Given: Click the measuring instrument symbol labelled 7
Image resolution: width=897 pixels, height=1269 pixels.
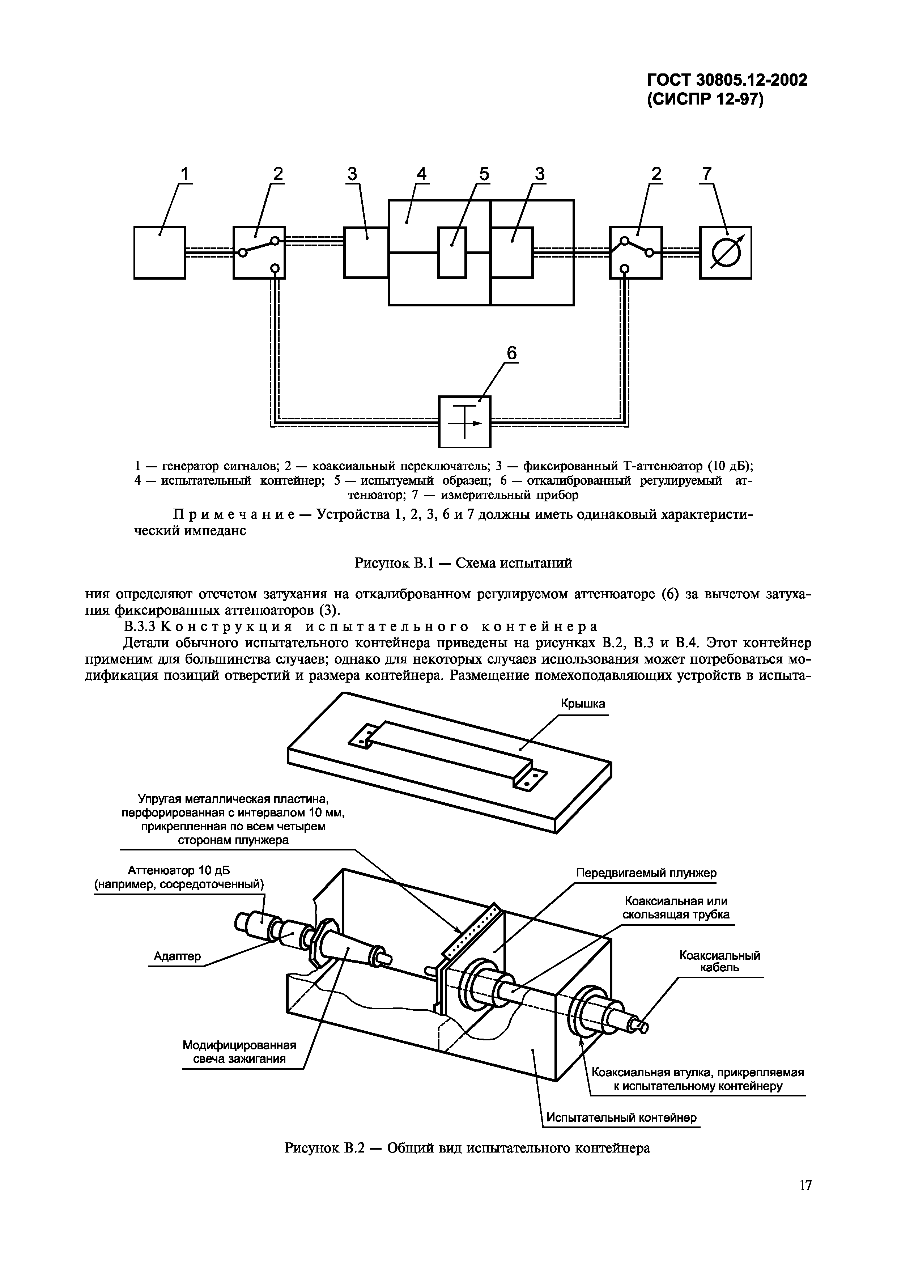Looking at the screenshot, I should [x=725, y=252].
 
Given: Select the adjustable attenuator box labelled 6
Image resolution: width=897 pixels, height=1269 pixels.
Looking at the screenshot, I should [x=464, y=422].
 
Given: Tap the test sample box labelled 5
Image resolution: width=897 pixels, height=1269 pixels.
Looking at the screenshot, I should [x=452, y=252].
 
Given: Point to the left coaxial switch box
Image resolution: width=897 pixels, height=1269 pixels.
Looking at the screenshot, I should [x=259, y=252].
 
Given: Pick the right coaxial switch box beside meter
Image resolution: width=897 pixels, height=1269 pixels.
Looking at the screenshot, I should [x=635, y=252].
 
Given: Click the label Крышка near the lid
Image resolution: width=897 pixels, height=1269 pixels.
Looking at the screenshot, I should [x=583, y=704].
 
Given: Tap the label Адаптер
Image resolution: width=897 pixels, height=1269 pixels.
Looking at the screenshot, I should [x=177, y=956].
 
